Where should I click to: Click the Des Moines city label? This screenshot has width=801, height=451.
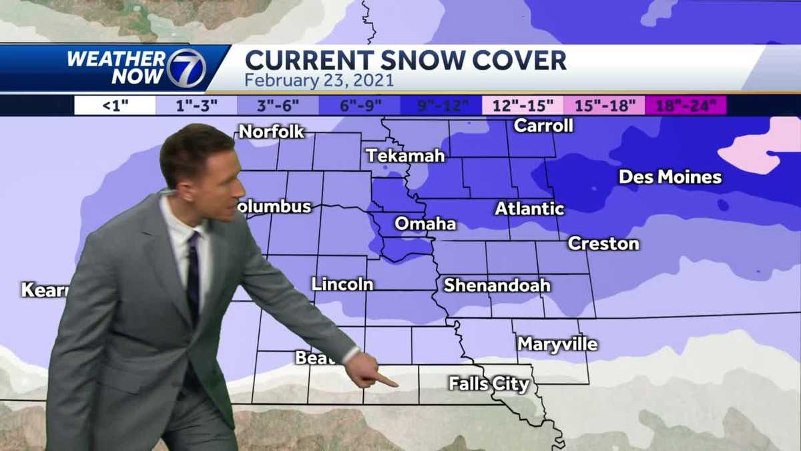tap(670, 177)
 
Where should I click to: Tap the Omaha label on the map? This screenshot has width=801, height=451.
tap(425, 224)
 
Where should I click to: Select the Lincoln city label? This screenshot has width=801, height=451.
tap(342, 284)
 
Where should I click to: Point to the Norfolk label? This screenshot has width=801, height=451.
tap(271, 132)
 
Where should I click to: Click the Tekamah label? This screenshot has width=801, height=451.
tap(405, 156)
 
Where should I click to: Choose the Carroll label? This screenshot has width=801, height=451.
tap(543, 126)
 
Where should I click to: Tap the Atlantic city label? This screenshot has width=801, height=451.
tap(529, 208)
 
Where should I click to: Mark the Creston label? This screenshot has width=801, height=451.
tap(603, 244)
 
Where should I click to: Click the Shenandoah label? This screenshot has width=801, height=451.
tap(497, 285)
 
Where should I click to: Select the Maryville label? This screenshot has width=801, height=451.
tap(557, 344)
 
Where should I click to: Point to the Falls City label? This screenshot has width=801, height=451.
tap(489, 384)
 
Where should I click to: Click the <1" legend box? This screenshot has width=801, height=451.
tap(115, 106)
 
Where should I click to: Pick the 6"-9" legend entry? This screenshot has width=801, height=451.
tap(359, 106)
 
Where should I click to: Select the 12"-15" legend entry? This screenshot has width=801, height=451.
tap(522, 106)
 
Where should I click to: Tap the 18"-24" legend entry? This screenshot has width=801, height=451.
tap(686, 106)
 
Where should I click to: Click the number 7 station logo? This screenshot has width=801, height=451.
tap(186, 68)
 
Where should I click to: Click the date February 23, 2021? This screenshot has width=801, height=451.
tap(319, 81)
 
